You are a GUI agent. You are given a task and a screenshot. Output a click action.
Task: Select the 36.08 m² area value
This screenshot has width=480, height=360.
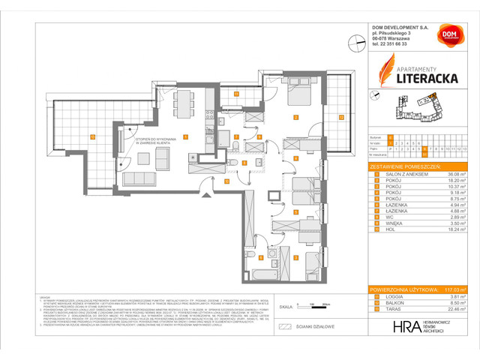tap(454, 174)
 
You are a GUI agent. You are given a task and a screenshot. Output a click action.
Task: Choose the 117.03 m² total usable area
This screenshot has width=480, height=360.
tap(454, 289)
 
